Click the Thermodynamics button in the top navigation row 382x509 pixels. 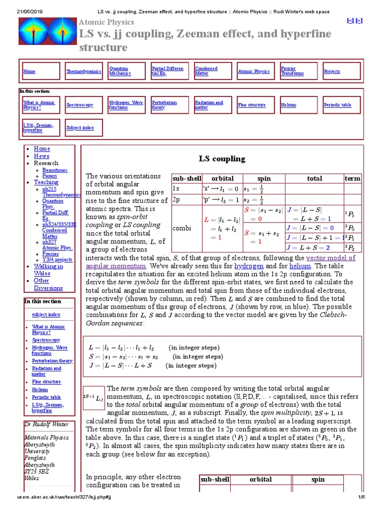click(84, 72)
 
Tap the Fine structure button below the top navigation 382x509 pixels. click(252, 105)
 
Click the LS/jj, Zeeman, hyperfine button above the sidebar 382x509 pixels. click(41, 127)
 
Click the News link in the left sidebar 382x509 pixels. click(41, 156)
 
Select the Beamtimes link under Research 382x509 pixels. click(55, 170)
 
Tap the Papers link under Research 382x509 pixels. click(49, 176)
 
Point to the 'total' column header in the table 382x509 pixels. click(314, 178)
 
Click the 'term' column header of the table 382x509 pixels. click(352, 178)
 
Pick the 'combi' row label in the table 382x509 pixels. click(180, 228)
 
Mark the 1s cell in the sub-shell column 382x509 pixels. click(176, 189)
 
